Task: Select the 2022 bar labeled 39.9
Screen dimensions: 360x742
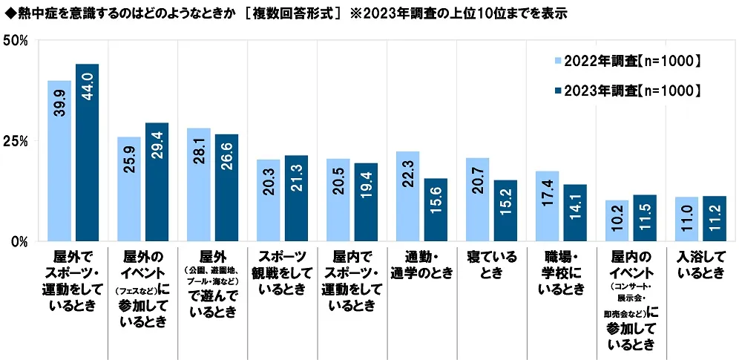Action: [x=60, y=160]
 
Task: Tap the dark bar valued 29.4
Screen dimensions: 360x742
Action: [x=157, y=182]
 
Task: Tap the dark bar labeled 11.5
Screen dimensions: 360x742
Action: [x=645, y=218]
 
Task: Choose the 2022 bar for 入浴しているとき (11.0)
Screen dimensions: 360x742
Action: [x=686, y=219]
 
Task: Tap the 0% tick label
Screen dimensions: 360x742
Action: [x=19, y=241]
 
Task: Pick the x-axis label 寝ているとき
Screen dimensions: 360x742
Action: [x=491, y=264]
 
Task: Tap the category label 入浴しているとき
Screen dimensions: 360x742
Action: [x=700, y=264]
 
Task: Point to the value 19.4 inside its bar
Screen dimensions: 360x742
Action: [x=366, y=206]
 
